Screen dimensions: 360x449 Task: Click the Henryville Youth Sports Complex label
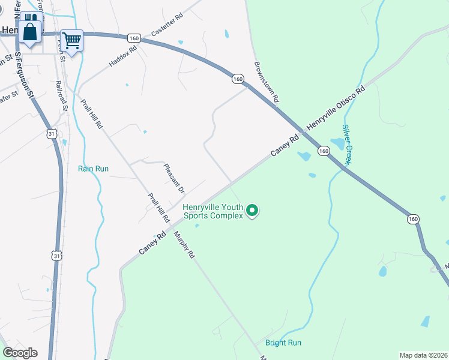pyautogui.click(x=213, y=211)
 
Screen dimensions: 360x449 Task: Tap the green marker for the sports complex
pyautogui.click(x=253, y=211)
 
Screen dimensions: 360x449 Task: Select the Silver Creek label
pyautogui.click(x=347, y=144)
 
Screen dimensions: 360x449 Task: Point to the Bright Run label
pyautogui.click(x=283, y=343)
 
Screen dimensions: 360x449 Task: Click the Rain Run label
pyautogui.click(x=93, y=169)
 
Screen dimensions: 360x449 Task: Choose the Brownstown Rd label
pyautogui.click(x=267, y=81)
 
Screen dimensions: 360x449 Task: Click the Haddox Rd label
pyautogui.click(x=123, y=55)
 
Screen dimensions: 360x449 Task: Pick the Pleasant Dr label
pyautogui.click(x=174, y=179)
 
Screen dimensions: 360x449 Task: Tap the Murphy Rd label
pyautogui.click(x=185, y=245)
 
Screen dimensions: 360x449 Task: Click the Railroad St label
pyautogui.click(x=62, y=96)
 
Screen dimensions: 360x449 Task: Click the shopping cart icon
pyautogui.click(x=71, y=41)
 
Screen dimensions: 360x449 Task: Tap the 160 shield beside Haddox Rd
pyautogui.click(x=134, y=38)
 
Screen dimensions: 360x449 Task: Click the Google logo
pyautogui.click(x=19, y=353)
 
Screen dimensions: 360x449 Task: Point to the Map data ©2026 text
pyautogui.click(x=423, y=355)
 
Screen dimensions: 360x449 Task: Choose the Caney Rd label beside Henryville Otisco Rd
pyautogui.click(x=285, y=146)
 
